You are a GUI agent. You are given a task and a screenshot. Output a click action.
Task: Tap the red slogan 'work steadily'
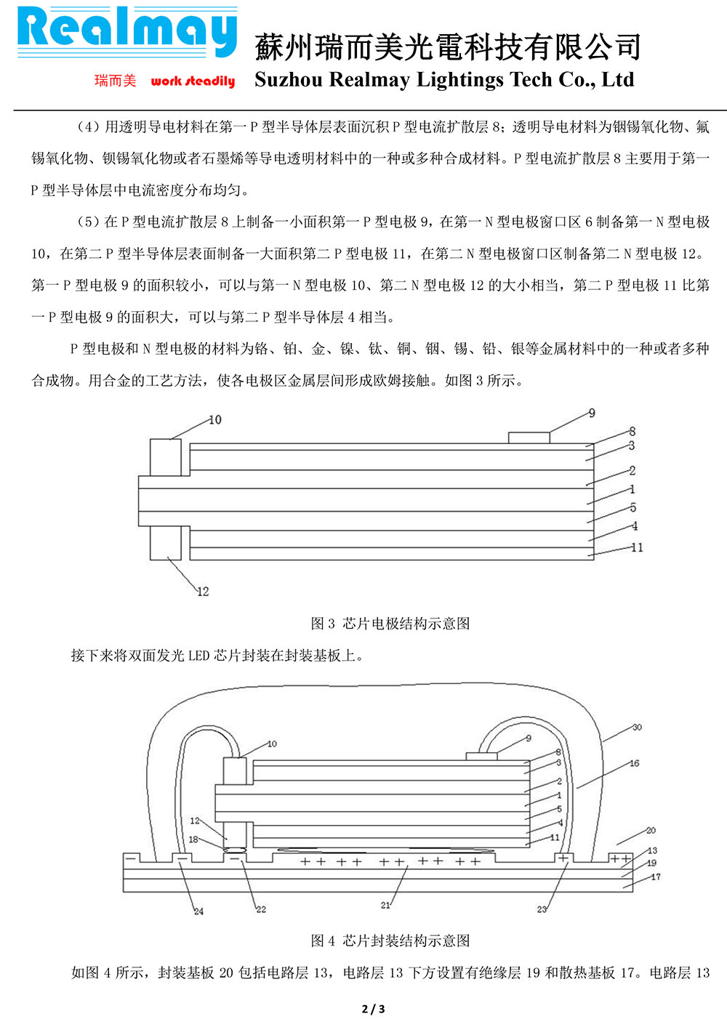point(193,81)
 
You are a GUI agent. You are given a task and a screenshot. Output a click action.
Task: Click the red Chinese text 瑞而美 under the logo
point(115,80)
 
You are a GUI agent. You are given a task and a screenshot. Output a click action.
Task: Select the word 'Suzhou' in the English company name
point(288,79)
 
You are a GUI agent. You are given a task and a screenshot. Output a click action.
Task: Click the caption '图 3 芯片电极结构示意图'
point(390,623)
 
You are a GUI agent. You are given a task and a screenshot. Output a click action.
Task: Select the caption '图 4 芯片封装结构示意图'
point(390,941)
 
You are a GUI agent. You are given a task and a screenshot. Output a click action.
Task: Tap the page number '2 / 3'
point(373,1008)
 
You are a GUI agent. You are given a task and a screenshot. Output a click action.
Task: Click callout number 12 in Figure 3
point(203,592)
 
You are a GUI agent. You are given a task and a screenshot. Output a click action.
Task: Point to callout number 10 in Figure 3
point(214,420)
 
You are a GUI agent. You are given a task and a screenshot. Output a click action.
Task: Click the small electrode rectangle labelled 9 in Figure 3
point(529,438)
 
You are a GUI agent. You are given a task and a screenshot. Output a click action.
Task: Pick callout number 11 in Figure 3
point(637,547)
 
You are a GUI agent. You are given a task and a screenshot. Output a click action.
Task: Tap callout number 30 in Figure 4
point(637,727)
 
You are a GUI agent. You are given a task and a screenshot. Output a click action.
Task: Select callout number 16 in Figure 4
point(634,763)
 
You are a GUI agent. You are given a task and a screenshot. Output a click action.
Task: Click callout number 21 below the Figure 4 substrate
point(385,905)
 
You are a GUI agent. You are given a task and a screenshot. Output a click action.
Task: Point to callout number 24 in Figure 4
point(198,911)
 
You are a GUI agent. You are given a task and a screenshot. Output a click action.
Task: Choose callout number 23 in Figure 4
point(542,909)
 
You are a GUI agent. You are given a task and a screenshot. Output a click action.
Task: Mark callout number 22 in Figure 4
point(261,909)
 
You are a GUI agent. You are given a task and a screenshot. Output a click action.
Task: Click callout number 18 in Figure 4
point(193,839)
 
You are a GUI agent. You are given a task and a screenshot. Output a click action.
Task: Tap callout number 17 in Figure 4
point(655,877)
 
